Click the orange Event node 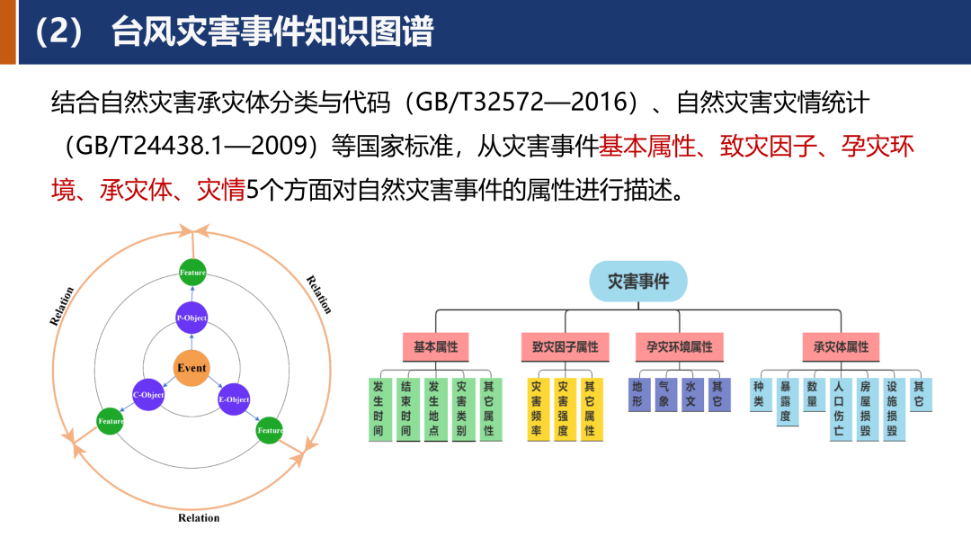click(192, 368)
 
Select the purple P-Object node click(192, 318)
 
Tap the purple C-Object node click(148, 395)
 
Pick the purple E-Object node click(234, 399)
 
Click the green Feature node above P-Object click(192, 272)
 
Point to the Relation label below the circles click(199, 517)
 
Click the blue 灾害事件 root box click(638, 282)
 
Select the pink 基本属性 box click(436, 346)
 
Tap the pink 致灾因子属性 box click(565, 346)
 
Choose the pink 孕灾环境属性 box click(679, 346)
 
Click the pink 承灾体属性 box click(841, 346)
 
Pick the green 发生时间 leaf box click(379, 408)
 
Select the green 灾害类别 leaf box click(461, 408)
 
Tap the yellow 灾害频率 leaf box click(537, 408)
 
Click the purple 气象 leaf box click(664, 394)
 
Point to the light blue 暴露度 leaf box click(787, 401)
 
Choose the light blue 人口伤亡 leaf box click(839, 408)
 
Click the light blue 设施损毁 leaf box click(892, 408)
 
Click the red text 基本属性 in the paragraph click(647, 146)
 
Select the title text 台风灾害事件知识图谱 click(272, 32)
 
